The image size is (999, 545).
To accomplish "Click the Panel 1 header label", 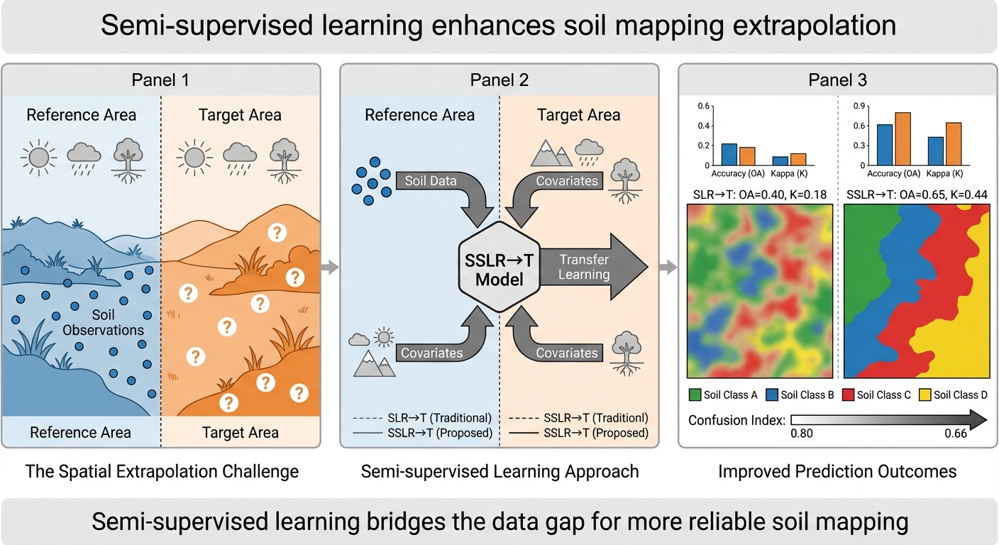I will pos(160,80).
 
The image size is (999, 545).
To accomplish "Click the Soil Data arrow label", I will pos(431,181).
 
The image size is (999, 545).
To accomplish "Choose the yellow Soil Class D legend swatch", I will pos(924,395).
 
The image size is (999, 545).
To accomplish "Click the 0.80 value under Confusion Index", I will pos(802,434).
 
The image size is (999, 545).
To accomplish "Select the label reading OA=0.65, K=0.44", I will pos(918,194).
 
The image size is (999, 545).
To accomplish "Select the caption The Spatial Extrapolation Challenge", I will pos(162,471).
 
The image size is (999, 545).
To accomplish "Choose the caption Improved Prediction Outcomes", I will pos(838,471).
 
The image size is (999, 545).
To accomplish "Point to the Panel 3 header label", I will pos(838,80).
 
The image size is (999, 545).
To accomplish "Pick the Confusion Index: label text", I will pos(736,420).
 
